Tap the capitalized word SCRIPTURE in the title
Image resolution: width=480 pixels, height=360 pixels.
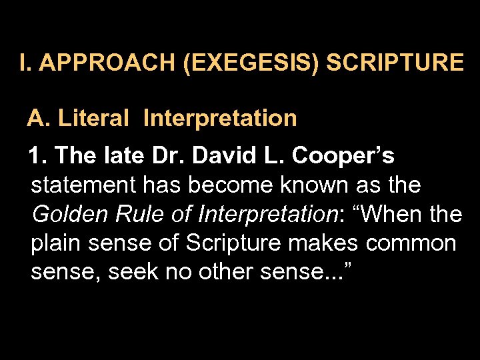[395, 63]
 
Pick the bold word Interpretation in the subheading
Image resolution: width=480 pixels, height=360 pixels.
[220, 119]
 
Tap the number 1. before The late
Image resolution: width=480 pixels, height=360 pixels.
[37, 156]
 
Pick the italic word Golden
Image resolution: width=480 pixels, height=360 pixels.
[67, 214]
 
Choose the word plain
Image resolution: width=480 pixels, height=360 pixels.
[55, 244]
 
